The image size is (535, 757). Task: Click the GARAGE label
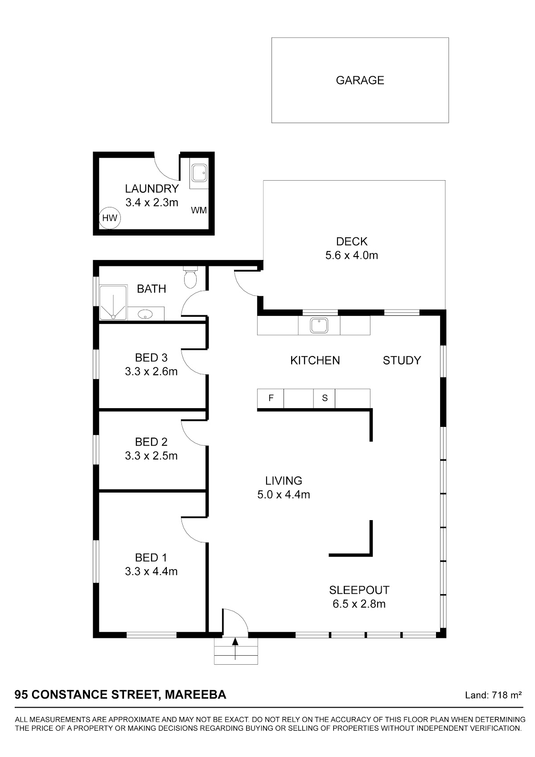360,80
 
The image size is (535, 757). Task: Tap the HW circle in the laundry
110,218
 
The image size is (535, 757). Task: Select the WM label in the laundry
198,210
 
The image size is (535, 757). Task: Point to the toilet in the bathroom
190,277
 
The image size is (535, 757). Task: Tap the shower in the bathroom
114,302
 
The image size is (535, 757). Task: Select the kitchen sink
319,325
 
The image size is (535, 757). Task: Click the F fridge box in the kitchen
271,398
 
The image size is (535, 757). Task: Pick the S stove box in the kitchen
325,398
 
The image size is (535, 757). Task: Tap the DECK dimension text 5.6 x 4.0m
352,256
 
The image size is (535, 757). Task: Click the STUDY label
402,360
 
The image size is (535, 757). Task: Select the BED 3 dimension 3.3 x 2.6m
151,372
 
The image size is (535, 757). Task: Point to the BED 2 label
151,442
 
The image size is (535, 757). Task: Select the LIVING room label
284,480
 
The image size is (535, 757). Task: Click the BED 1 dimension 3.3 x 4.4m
151,571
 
